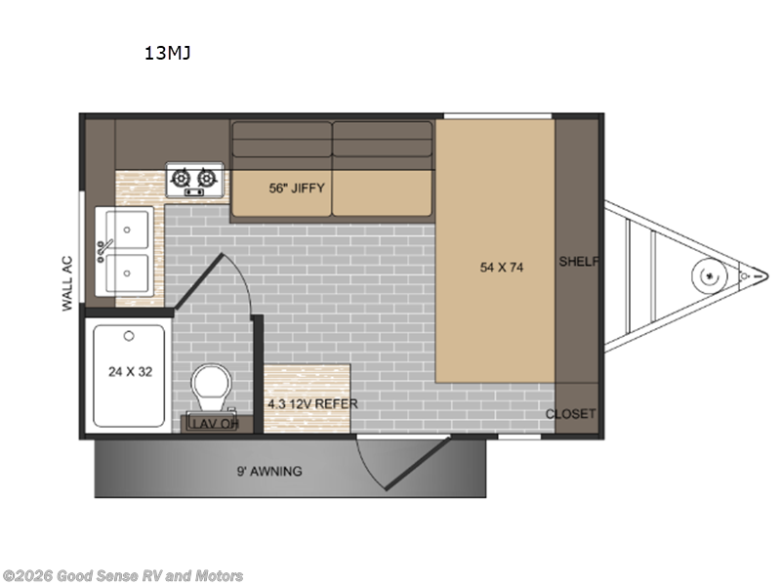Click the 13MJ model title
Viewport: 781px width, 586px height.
pyautogui.click(x=167, y=54)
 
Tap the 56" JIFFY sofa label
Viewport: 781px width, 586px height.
pyautogui.click(x=296, y=188)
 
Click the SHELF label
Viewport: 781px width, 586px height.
pyautogui.click(x=578, y=262)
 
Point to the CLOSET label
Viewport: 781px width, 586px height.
pyautogui.click(x=570, y=413)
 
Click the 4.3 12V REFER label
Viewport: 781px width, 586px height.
pyautogui.click(x=312, y=403)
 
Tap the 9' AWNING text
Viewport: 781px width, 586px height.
pyautogui.click(x=270, y=471)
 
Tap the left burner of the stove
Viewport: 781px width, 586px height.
pyautogui.click(x=182, y=178)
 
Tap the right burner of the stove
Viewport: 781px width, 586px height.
pyautogui.click(x=205, y=178)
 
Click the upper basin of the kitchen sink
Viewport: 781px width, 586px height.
pyautogui.click(x=130, y=229)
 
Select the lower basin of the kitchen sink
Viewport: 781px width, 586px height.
pyautogui.click(x=130, y=270)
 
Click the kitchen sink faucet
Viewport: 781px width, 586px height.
pyautogui.click(x=104, y=250)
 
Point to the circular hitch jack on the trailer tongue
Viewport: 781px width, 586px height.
pyautogui.click(x=704, y=275)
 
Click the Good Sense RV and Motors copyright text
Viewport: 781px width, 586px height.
pyautogui.click(x=123, y=576)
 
